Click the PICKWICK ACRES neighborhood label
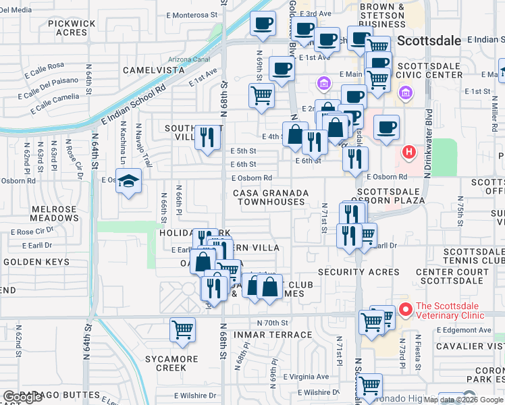pos(72,28)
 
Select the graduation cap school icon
pos(128,180)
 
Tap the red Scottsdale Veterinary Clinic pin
pos(405,310)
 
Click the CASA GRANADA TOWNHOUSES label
pos(271,197)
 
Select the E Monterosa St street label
pos(195,14)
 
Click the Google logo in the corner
pos(22,397)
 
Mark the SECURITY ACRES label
pos(350,271)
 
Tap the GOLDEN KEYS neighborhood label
pos(32,261)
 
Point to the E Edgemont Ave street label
pos(466,329)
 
